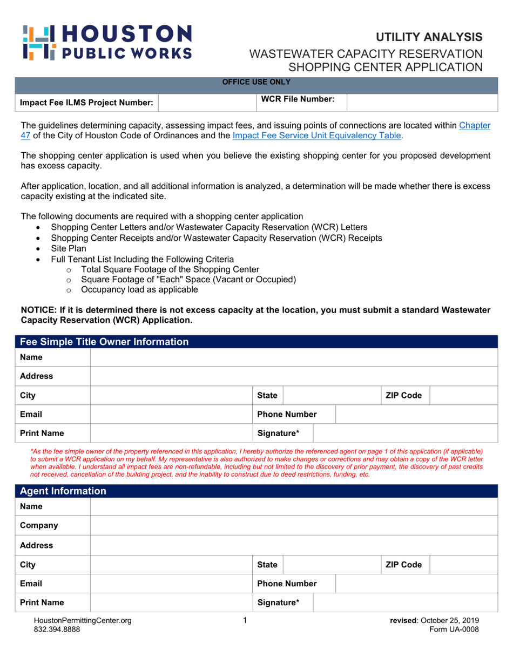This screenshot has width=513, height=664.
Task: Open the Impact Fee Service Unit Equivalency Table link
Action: point(316,136)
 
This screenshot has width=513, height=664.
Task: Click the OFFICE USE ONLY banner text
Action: point(256,82)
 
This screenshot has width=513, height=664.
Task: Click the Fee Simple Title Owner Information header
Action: point(104,342)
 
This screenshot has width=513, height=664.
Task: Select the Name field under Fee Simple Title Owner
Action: point(293,357)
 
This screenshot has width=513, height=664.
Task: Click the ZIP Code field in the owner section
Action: point(463,395)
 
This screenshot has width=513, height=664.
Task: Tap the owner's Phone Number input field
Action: point(416,414)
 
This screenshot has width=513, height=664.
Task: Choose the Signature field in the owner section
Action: point(405,433)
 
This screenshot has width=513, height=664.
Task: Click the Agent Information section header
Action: point(62,492)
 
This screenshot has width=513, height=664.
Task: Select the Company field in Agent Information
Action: point(293,525)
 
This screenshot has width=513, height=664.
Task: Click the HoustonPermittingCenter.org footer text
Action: point(82,621)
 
